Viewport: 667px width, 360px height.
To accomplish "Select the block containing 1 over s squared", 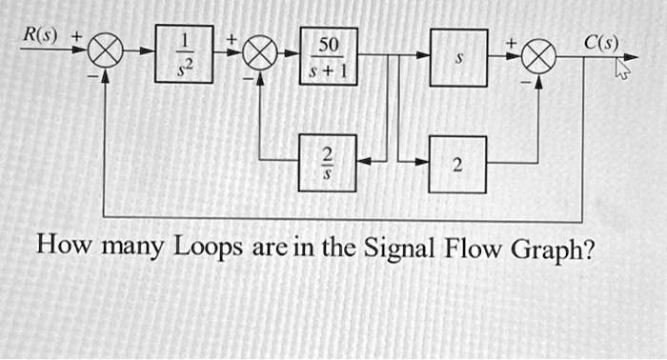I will pyautogui.click(x=189, y=57).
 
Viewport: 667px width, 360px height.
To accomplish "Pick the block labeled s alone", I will pyautogui.click(x=458, y=57).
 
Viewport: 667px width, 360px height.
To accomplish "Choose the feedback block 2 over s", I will pyautogui.click(x=328, y=163).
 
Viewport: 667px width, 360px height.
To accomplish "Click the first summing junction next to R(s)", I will pyautogui.click(x=107, y=57).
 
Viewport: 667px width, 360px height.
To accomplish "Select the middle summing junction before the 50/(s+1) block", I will pyautogui.click(x=258, y=57).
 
